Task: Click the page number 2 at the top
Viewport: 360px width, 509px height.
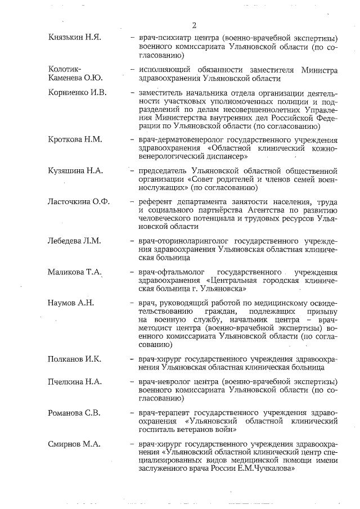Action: tap(194, 25)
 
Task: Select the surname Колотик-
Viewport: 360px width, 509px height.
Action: tap(65, 70)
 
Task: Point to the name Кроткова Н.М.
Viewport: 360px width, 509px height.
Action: tap(75, 139)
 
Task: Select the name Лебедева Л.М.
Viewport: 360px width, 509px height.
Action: tap(75, 241)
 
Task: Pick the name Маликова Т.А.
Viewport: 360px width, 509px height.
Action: tap(75, 272)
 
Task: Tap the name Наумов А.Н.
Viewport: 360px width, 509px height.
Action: tap(71, 303)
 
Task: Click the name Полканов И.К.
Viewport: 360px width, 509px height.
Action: tap(75, 358)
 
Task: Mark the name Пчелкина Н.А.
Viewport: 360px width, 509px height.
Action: tap(75, 381)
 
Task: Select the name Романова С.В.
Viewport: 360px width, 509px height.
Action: tap(74, 413)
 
